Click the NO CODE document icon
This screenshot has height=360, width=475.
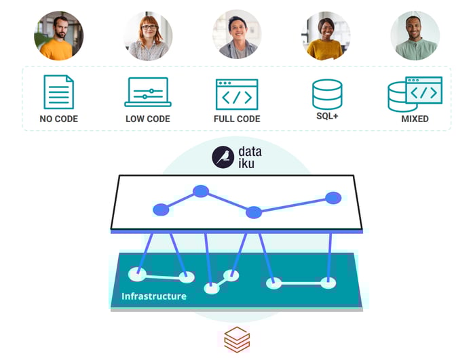59,92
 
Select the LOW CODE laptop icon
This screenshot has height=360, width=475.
147,92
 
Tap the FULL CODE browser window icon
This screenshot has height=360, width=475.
237,94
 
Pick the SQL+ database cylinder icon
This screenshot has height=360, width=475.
327,94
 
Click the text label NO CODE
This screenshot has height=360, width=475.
59,119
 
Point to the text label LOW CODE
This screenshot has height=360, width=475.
147,119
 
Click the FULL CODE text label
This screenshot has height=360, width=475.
237,119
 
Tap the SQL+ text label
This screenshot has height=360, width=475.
327,117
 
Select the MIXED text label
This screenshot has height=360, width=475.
415,119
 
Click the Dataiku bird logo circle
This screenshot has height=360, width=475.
223,157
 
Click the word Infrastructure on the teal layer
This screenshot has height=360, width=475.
153,296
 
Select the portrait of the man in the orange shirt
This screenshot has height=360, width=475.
58,35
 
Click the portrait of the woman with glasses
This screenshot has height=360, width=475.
148,35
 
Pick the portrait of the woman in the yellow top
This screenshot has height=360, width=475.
326,35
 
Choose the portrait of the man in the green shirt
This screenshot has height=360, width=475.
415,35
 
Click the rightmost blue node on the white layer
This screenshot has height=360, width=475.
332,198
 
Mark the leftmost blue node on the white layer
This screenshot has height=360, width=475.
161,209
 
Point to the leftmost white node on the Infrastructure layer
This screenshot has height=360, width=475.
138,274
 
